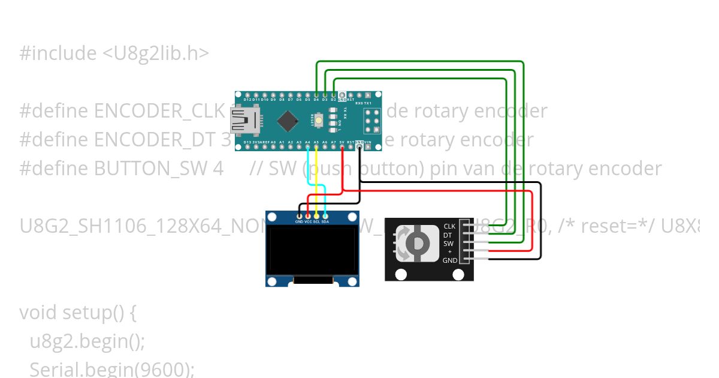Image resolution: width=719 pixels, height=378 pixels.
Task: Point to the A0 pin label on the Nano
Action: (x=273, y=142)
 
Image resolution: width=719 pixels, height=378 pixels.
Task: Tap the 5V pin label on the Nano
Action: (x=342, y=142)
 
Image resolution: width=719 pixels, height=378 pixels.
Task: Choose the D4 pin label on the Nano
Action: (x=316, y=100)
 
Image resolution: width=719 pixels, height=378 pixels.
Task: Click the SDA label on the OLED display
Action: (x=325, y=221)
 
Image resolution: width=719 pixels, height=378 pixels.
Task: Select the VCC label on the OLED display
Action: (x=307, y=221)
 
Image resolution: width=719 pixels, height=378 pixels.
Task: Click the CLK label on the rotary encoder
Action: (x=449, y=226)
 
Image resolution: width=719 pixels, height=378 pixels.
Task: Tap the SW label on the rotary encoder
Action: (x=448, y=244)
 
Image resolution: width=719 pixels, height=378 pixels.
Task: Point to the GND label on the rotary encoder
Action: (x=449, y=260)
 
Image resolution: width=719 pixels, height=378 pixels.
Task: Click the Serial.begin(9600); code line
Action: (x=111, y=369)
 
